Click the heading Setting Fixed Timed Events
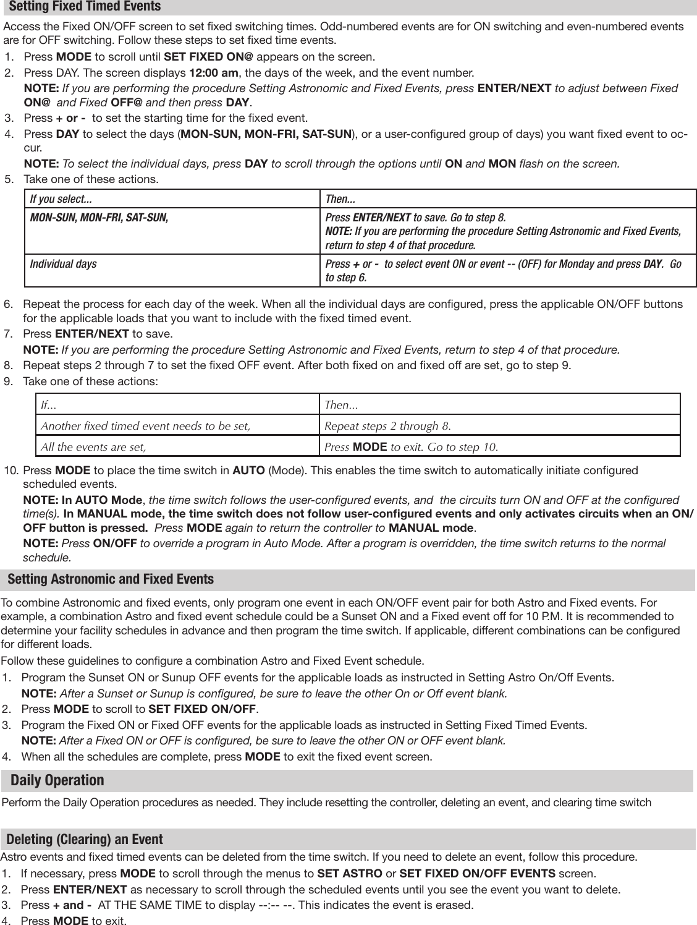85,7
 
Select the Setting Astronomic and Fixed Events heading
111,579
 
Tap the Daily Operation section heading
57,780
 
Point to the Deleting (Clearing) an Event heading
85,839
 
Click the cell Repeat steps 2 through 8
387,426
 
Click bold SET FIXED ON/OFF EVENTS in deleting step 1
478,874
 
